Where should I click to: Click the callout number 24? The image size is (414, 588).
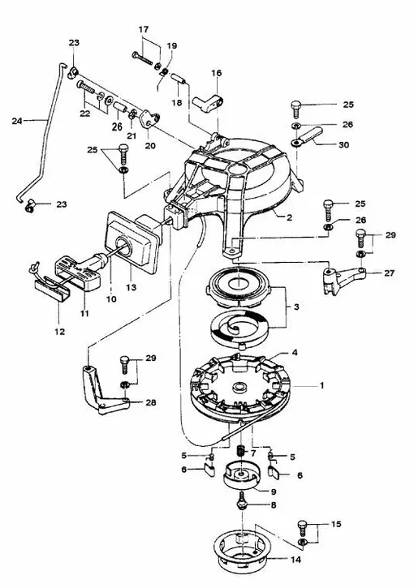17,121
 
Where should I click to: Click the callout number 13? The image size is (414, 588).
131,288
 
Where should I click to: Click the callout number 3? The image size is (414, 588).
296,307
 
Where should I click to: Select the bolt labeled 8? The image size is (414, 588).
242,501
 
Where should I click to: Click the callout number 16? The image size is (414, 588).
216,73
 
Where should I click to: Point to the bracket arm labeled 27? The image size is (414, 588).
343,279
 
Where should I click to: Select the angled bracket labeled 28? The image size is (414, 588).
101,392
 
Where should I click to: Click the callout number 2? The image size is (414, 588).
289,217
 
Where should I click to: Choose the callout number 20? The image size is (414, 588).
149,145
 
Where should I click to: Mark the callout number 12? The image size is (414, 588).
60,332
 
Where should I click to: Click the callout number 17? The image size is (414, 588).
144,29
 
